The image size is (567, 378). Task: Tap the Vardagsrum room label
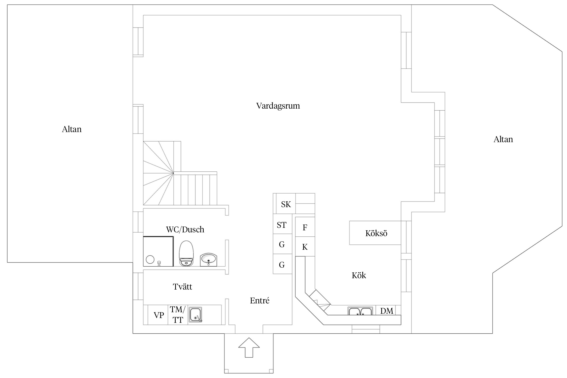point(278,106)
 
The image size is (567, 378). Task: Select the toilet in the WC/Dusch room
point(186,253)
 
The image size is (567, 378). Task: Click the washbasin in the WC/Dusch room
point(208,260)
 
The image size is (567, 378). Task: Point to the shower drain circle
point(150,259)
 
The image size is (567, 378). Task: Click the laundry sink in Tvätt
point(196,314)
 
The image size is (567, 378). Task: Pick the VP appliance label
point(159,315)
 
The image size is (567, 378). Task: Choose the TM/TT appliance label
point(178,314)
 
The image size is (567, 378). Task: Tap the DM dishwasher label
point(387,311)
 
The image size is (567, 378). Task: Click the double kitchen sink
point(360,311)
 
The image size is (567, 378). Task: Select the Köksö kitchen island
point(375,233)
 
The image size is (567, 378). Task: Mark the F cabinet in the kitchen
point(305,227)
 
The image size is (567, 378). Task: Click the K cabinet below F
point(305,246)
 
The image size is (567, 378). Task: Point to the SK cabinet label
point(286,204)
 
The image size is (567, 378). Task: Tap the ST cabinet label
point(281,225)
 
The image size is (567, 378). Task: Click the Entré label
point(260,300)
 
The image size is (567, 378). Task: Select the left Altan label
point(72,129)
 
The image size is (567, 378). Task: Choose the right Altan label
point(503,139)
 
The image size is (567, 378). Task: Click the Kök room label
point(359,275)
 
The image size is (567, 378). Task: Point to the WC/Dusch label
point(185,230)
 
